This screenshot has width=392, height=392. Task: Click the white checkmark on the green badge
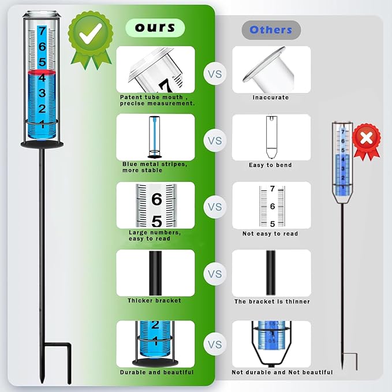[90, 33]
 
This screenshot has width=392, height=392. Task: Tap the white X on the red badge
[367, 138]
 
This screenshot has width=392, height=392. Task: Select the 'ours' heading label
[155, 28]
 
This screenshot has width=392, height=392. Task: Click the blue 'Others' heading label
[271, 30]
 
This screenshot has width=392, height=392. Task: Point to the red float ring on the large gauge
[42, 72]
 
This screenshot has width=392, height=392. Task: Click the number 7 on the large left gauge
[42, 31]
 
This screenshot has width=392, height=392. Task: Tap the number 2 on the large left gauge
[42, 109]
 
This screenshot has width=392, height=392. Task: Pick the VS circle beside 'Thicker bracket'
[215, 274]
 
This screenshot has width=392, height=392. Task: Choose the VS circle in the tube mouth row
[215, 74]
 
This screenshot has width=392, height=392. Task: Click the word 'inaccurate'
[271, 97]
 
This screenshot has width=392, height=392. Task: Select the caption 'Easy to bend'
[270, 165]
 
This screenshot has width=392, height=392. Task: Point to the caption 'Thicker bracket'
[154, 301]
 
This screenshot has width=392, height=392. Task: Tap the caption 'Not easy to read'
[270, 233]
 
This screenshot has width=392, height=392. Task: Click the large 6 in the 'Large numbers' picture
[156, 199]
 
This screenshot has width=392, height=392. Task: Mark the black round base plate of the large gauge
[42, 144]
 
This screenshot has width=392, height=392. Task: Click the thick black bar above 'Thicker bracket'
[155, 273]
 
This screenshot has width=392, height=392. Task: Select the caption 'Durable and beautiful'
[157, 372]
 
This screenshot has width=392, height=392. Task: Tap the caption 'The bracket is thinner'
[272, 301]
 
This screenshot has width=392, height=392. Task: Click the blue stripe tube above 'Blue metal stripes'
[155, 137]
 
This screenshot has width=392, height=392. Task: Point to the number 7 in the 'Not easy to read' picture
[272, 189]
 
